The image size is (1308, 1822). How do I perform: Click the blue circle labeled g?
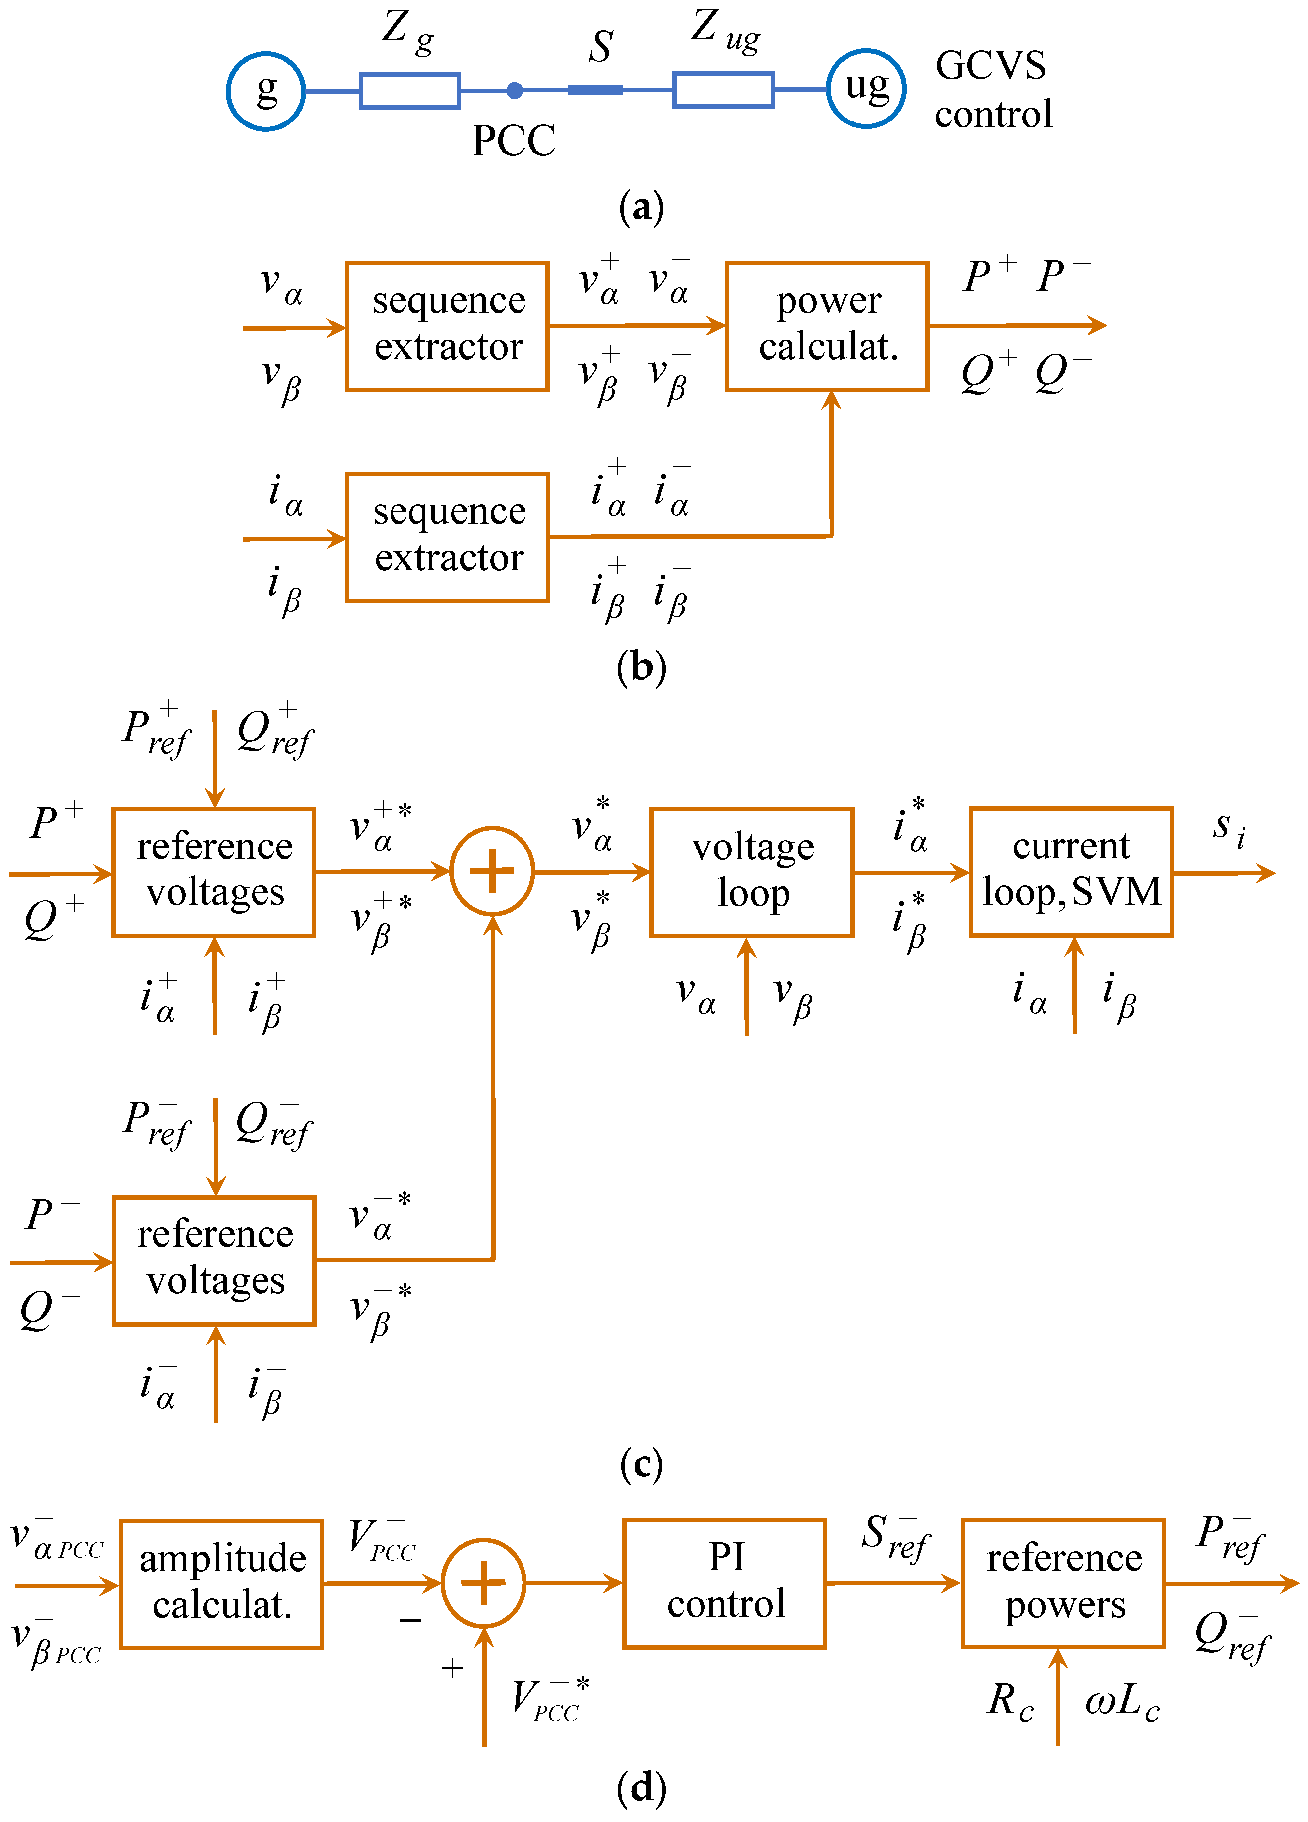(x=265, y=91)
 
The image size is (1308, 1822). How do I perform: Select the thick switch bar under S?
(x=595, y=90)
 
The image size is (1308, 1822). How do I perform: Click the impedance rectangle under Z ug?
(x=723, y=89)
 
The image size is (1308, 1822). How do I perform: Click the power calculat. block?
(x=827, y=326)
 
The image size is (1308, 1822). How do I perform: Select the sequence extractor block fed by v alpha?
(x=447, y=326)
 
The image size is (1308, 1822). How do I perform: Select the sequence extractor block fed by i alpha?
(x=447, y=537)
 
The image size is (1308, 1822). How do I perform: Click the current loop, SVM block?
(x=1070, y=871)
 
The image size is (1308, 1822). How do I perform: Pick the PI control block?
(x=724, y=1582)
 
